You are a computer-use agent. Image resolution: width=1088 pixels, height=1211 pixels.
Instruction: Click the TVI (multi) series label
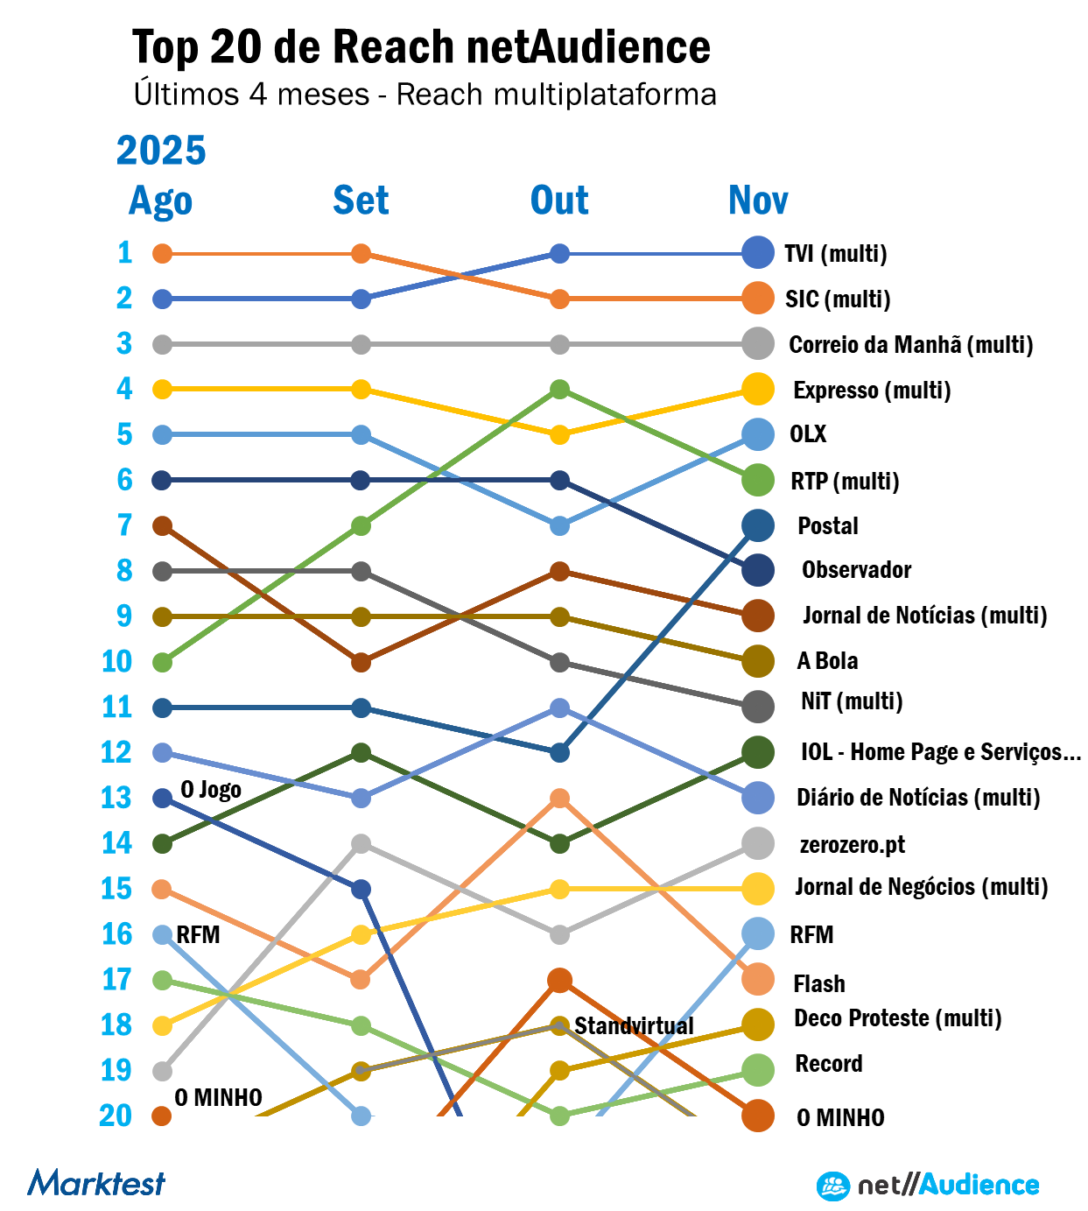point(835,254)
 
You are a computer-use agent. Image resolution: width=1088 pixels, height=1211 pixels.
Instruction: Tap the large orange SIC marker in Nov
point(757,299)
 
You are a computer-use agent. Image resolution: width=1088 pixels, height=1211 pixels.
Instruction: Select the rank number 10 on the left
point(116,662)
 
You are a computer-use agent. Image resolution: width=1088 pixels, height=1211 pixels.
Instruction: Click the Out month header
point(559,201)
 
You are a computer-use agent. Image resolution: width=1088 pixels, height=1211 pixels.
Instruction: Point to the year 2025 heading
point(161,151)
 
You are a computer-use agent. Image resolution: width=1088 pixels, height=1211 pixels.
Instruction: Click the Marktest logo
point(96,1183)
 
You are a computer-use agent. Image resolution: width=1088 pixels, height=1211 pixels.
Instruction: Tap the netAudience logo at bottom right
point(928,1186)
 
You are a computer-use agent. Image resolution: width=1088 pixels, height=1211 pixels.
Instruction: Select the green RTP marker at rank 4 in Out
point(560,390)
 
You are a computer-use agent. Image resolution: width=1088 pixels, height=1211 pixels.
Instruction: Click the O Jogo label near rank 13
point(211,789)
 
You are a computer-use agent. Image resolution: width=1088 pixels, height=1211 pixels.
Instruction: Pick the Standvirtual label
point(634,1025)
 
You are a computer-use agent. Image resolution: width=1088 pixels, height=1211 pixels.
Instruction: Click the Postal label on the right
point(827,525)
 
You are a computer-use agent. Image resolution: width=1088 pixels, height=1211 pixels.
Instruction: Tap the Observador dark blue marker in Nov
point(757,571)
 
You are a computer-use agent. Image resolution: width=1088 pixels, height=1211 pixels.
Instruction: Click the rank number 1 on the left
point(125,253)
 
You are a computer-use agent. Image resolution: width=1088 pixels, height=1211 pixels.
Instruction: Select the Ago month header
point(160,201)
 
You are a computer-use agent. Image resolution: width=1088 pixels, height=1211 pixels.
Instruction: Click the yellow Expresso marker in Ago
point(162,390)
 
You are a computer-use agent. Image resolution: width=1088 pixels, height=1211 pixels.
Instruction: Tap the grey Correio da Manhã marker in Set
point(361,344)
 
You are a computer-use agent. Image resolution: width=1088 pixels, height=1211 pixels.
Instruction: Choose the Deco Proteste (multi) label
point(897,1018)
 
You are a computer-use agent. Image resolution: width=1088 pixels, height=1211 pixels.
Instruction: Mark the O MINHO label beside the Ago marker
point(218,1098)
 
